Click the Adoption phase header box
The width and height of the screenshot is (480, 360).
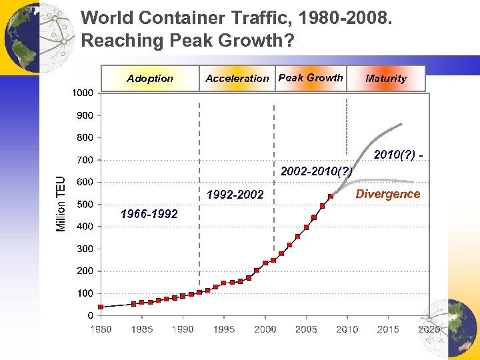pos(150,78)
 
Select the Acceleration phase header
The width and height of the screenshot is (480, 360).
pos(237,78)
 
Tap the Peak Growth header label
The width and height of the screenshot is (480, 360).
pos(311,77)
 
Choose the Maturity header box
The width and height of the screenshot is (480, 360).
pos(386,78)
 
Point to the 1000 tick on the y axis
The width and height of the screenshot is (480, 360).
pos(83,93)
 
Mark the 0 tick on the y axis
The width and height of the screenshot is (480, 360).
pos(90,315)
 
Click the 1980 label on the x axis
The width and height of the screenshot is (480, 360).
pos(101,329)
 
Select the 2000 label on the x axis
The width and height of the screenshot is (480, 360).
pos(265,329)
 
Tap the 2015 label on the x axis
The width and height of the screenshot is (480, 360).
pos(388,329)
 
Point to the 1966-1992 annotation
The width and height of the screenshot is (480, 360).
pos(149,214)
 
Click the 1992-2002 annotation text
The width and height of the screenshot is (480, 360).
pos(235,195)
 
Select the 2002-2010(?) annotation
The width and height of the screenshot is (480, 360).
pos(316,171)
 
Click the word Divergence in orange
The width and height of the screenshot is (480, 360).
pos(387,194)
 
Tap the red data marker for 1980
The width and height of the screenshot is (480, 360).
pos(101,307)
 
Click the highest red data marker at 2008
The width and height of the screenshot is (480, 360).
pos(331,197)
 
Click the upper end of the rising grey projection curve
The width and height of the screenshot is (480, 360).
pos(401,123)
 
